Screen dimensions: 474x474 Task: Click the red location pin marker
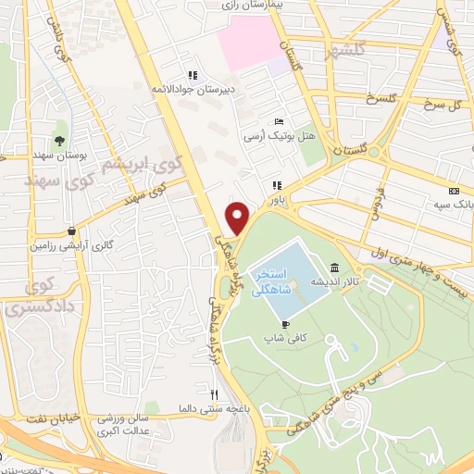coord(239,218)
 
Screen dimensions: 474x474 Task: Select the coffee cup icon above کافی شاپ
coord(285,323)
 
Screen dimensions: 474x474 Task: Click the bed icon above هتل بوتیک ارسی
coord(280,122)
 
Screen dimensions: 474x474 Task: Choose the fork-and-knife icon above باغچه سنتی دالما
coord(215,393)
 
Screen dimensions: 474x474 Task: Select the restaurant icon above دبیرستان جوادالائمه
coord(192,75)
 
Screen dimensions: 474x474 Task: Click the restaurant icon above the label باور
coord(275,184)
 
